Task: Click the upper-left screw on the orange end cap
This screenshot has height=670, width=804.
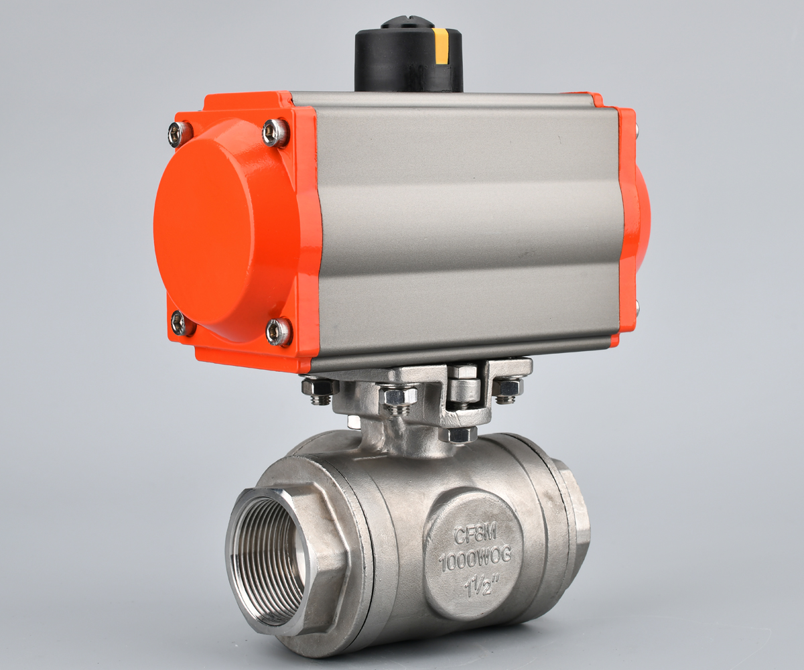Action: click(180, 133)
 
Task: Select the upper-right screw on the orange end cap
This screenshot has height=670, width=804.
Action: click(275, 133)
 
